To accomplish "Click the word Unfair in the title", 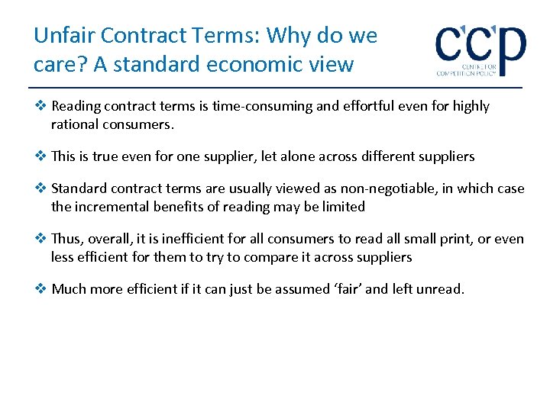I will point(63,36).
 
